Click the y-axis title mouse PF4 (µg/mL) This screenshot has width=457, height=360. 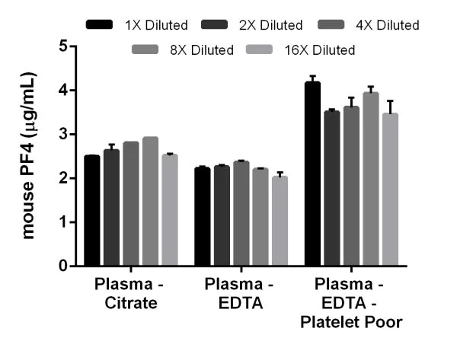(28, 156)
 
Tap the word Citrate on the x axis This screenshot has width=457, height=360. (126, 304)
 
